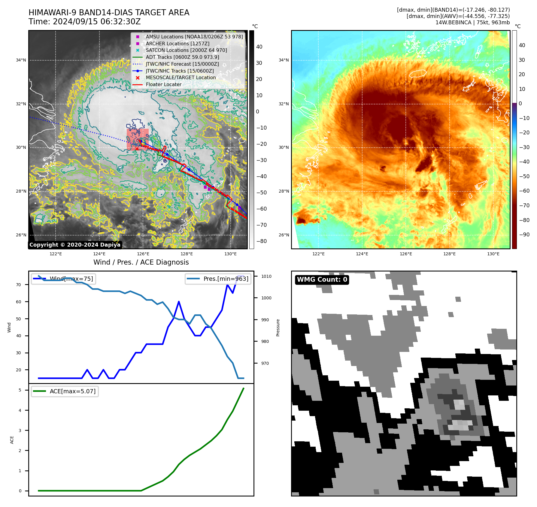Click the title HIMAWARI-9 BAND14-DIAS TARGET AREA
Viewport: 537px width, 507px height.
coord(109,13)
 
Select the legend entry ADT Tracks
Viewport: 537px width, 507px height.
coord(182,57)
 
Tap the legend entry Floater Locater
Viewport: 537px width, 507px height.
coord(163,84)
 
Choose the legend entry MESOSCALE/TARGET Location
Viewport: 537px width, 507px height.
coord(181,77)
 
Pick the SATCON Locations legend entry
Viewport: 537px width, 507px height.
coord(186,50)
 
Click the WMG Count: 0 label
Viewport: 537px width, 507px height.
coord(322,280)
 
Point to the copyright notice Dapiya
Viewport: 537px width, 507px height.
coord(75,245)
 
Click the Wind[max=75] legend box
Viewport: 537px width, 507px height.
coord(64,279)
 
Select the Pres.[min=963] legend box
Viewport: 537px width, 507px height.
coord(218,279)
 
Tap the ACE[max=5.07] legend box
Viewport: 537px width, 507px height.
coord(65,391)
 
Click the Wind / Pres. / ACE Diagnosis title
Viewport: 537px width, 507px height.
coord(141,262)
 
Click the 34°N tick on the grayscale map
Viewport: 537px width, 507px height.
coord(21,60)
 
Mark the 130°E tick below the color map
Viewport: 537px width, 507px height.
coord(493,254)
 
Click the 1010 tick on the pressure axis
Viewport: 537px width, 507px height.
coord(266,276)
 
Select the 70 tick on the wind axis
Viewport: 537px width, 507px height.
coord(19,285)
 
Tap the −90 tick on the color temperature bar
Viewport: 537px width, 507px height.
coord(524,235)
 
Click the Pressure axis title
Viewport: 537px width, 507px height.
coord(278,328)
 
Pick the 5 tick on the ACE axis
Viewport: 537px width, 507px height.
coord(20,390)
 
